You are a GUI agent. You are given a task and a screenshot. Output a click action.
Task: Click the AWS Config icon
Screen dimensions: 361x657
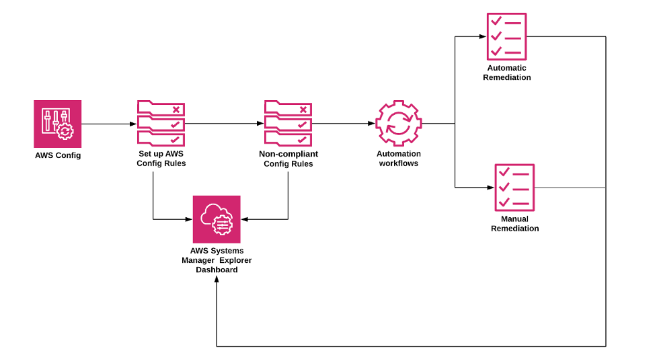[57, 124]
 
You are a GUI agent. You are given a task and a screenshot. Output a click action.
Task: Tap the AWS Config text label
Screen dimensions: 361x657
[58, 155]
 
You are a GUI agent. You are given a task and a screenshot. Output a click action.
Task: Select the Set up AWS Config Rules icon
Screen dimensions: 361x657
[161, 123]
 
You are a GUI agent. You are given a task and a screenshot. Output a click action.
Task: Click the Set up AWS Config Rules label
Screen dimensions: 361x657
[161, 159]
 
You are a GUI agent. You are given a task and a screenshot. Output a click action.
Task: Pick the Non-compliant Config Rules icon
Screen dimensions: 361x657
[288, 123]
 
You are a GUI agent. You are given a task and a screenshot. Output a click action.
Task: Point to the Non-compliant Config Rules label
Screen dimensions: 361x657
[288, 159]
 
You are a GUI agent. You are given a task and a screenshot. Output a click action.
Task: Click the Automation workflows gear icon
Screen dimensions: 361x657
[398, 124]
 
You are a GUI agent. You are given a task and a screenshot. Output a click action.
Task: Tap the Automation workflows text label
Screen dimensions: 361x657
[398, 159]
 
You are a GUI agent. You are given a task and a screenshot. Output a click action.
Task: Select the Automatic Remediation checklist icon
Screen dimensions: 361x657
[506, 37]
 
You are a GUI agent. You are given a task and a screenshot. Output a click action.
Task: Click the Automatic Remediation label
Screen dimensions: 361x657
[506, 73]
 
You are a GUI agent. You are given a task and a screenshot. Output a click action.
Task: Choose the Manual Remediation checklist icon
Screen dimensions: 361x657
[514, 188]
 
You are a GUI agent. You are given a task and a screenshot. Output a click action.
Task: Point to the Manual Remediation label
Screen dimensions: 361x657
[514, 224]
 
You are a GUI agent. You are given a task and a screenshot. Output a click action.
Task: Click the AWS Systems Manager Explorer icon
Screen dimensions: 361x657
[217, 219]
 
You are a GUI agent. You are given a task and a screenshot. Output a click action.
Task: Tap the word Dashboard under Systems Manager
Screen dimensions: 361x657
[217, 270]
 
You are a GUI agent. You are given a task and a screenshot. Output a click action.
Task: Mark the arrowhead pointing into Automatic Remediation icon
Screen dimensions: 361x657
[482, 37]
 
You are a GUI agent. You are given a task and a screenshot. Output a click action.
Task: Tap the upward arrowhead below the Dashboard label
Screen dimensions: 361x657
[217, 280]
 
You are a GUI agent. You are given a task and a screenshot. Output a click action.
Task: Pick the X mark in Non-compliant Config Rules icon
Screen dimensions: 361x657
[303, 109]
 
